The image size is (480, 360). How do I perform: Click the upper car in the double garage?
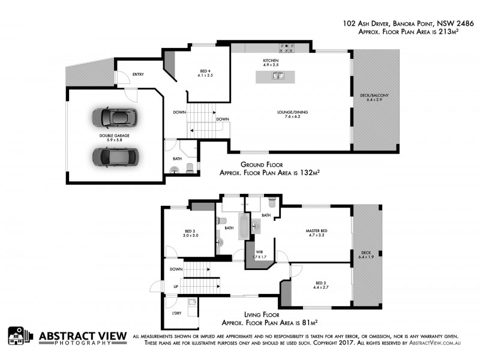115,118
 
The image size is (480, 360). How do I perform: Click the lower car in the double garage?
115,156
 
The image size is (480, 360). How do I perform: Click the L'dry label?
176,314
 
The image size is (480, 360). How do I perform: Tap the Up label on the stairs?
175,287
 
